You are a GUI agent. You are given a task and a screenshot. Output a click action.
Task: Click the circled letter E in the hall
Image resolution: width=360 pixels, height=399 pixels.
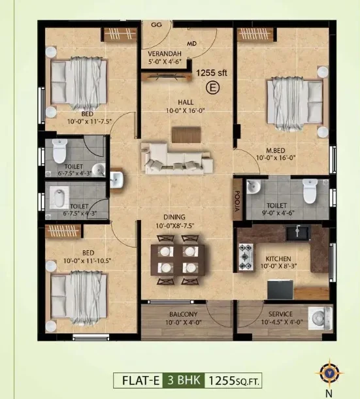pyautogui.click(x=212, y=88)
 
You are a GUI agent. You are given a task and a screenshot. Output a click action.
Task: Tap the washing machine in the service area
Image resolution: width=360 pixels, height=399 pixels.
pyautogui.click(x=320, y=318)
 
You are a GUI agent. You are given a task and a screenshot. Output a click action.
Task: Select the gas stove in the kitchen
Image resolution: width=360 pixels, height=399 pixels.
pyautogui.click(x=246, y=257)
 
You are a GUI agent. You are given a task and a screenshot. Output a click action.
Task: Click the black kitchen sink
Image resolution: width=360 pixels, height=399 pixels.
pyautogui.click(x=298, y=233)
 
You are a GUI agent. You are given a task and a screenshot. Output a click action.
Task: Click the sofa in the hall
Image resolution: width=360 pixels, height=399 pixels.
pyautogui.click(x=177, y=159)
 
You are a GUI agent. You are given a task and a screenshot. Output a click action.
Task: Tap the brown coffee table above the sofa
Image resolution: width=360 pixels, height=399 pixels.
pyautogui.click(x=186, y=135)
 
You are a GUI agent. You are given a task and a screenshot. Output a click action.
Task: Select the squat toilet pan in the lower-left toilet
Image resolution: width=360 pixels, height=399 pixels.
pyautogui.click(x=59, y=198)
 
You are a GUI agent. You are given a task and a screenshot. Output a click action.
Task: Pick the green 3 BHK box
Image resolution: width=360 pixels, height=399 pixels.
pyautogui.click(x=184, y=381)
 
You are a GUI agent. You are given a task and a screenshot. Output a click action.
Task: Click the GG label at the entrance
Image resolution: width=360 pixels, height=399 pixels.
pyautogui.click(x=156, y=25)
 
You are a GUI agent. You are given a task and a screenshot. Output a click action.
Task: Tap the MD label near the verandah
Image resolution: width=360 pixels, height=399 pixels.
pyautogui.click(x=191, y=44)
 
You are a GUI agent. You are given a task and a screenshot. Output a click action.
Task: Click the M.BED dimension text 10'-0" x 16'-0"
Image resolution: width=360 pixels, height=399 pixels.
pyautogui.click(x=276, y=158)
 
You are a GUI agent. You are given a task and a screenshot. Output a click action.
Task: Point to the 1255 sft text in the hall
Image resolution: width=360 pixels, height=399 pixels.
pyautogui.click(x=211, y=72)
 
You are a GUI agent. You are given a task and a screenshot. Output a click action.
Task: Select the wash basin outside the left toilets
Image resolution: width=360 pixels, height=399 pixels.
pyautogui.click(x=116, y=180)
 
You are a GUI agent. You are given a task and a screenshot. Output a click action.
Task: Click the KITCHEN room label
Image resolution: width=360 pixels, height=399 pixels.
pyautogui.click(x=278, y=259)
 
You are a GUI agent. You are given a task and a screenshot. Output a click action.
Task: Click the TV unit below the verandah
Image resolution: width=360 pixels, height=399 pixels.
pyautogui.click(x=167, y=76)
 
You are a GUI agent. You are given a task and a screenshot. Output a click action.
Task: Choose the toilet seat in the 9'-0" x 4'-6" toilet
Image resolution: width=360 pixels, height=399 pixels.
pyautogui.click(x=310, y=191)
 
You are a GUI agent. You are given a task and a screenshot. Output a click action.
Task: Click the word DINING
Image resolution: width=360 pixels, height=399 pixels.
pyautogui.click(x=174, y=217)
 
